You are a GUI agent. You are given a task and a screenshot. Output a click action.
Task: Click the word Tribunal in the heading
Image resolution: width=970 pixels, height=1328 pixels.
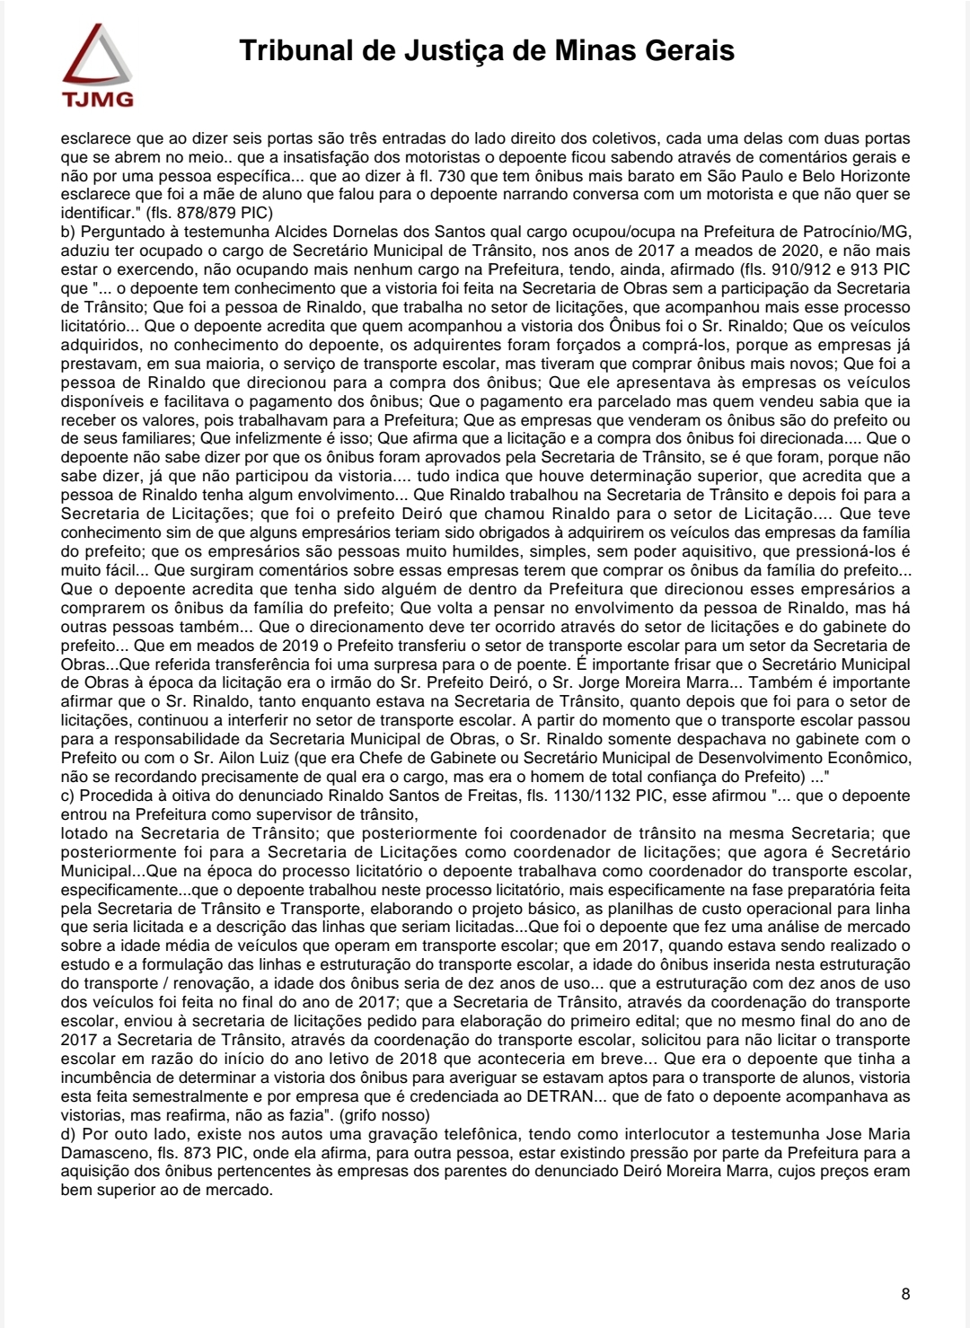[x=296, y=50]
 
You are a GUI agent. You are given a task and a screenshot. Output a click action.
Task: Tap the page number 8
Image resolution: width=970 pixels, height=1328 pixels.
[x=905, y=1294]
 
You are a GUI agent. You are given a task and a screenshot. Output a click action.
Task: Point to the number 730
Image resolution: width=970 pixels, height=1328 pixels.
[x=452, y=176]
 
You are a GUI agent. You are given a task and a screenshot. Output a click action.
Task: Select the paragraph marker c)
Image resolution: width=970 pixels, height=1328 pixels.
[x=68, y=796]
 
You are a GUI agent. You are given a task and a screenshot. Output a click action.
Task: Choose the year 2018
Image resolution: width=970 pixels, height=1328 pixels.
[x=417, y=1059]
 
